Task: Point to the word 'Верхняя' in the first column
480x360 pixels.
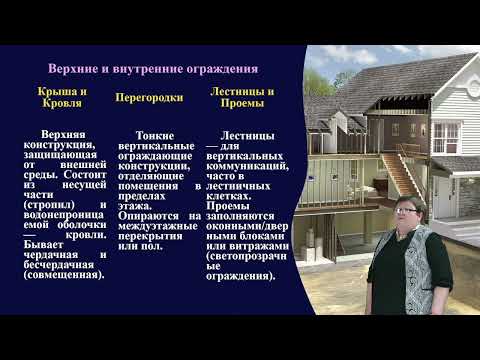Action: coord(60,133)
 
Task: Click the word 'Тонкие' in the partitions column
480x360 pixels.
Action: coord(153,133)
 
